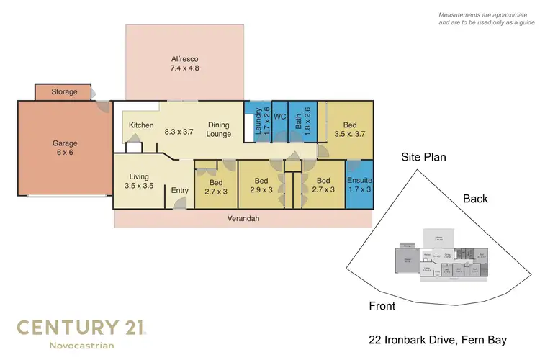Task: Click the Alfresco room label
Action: (184, 64)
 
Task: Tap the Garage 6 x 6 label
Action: (64, 148)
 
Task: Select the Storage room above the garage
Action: (64, 92)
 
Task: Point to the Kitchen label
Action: (141, 125)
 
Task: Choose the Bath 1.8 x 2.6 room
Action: (302, 122)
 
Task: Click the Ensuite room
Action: (359, 185)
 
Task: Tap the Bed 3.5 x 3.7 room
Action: (349, 129)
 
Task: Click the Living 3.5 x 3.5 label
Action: (138, 181)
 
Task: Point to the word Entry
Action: (179, 191)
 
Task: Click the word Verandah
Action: (243, 218)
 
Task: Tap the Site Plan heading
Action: (424, 156)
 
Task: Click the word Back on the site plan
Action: (475, 199)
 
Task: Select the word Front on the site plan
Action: (382, 306)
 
